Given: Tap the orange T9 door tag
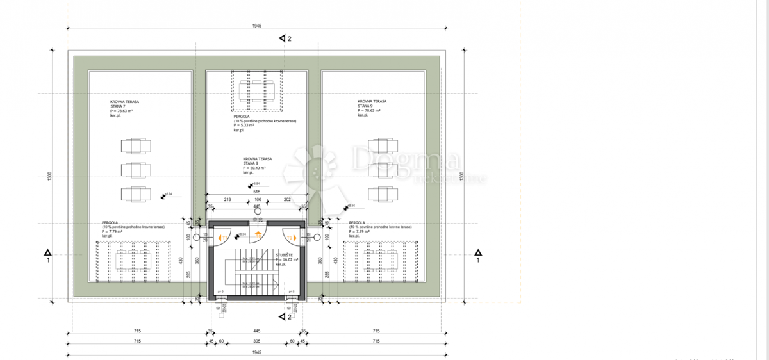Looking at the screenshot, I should [290, 238].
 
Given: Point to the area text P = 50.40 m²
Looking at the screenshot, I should [254, 168].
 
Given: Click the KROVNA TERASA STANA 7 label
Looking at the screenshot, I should [125, 105].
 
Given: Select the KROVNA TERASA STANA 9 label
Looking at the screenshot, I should [372, 105].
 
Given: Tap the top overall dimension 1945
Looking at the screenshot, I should [257, 26].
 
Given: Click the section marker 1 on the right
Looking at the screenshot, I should [477, 256].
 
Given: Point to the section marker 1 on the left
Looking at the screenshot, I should [47, 256].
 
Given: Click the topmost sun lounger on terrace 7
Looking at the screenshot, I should [135, 145].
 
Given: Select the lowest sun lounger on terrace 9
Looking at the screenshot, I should [383, 193].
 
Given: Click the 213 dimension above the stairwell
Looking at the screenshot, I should [227, 200].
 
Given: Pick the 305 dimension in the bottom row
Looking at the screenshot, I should [256, 341].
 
